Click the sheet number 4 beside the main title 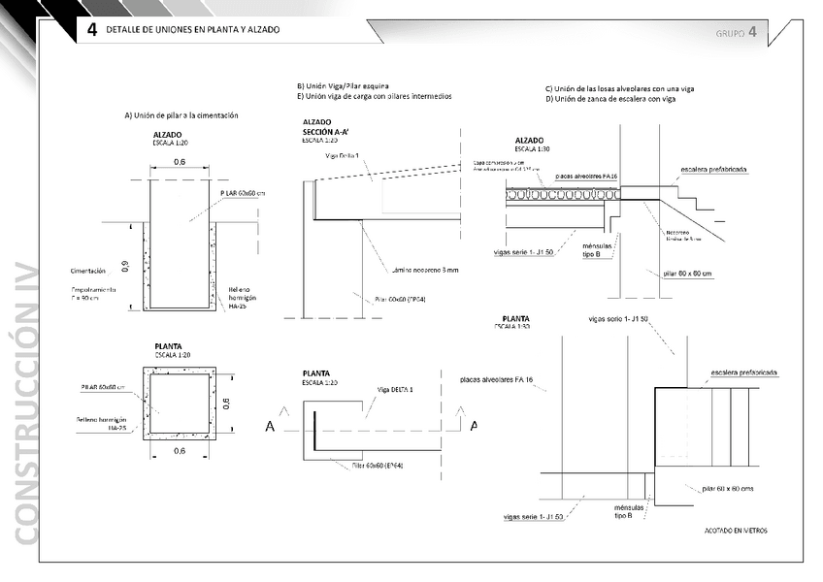pyautogui.click(x=91, y=30)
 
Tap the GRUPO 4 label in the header pyautogui.click(x=736, y=32)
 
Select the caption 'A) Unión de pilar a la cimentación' pyautogui.click(x=181, y=114)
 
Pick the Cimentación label pyautogui.click(x=88, y=271)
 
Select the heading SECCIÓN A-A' pyautogui.click(x=326, y=130)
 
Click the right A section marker pyautogui.click(x=474, y=425)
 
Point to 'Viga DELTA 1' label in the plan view pyautogui.click(x=395, y=389)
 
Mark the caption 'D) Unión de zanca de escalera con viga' pyautogui.click(x=609, y=99)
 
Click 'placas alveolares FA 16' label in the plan pyautogui.click(x=497, y=379)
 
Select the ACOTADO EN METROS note pyautogui.click(x=736, y=531)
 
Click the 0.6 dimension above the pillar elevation pyautogui.click(x=180, y=162)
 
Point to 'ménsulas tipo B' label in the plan pyautogui.click(x=623, y=511)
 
